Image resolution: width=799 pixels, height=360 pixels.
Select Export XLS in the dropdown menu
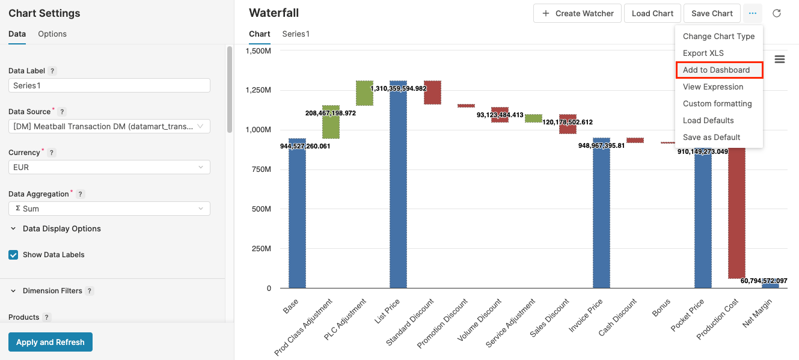[703, 53]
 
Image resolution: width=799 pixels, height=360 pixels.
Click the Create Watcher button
[577, 13]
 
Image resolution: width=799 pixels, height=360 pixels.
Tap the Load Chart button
[652, 13]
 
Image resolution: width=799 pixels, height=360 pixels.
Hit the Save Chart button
[712, 13]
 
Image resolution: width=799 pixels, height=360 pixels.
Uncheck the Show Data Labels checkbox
[13, 255]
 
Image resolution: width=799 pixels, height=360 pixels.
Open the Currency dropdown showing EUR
[109, 167]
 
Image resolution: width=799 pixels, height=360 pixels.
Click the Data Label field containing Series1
[109, 85]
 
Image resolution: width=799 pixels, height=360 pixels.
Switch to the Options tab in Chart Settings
[52, 34]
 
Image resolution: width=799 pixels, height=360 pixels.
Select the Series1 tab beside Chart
[296, 34]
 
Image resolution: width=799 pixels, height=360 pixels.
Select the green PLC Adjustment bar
[364, 93]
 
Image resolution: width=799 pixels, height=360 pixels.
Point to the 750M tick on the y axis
[260, 169]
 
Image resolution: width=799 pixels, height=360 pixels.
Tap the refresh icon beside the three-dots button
[777, 13]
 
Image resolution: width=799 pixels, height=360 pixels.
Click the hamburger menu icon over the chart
[780, 59]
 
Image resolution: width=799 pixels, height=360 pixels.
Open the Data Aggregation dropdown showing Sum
[109, 209]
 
